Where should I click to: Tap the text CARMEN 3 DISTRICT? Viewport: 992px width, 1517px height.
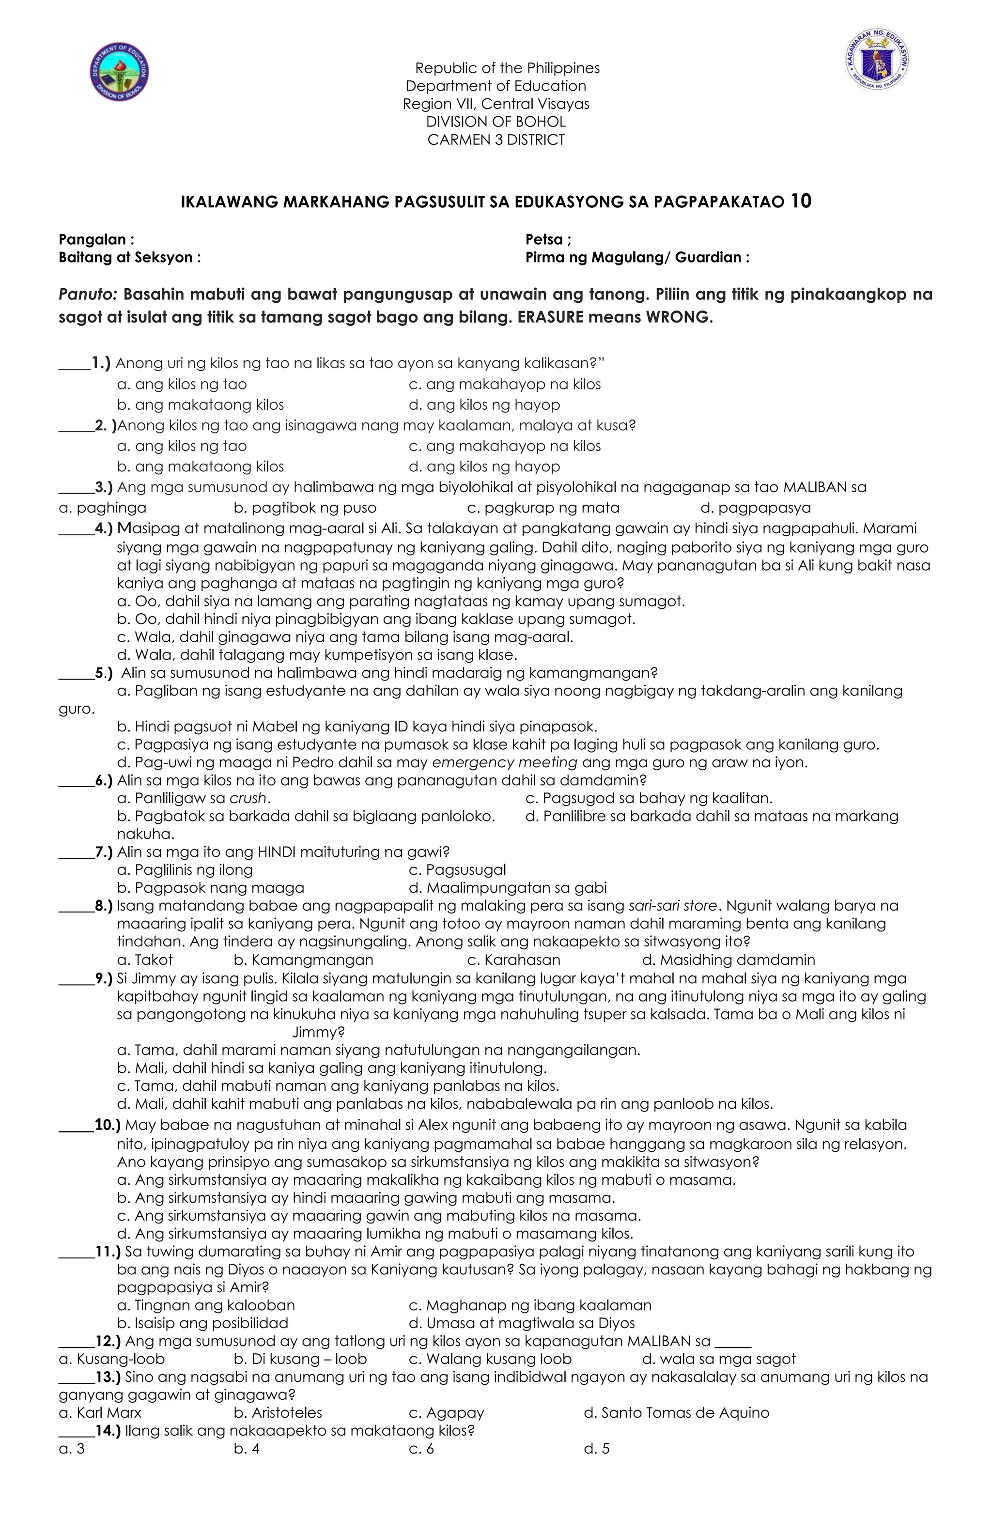[496, 139]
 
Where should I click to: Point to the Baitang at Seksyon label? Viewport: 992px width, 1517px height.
[129, 258]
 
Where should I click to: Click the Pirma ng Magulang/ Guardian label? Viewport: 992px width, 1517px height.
[637, 258]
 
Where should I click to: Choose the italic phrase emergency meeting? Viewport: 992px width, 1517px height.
[504, 762]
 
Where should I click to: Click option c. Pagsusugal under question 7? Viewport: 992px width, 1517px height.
[457, 869]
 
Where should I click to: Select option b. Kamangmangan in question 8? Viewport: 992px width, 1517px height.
[304, 960]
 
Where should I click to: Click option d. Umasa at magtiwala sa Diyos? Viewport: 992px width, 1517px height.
[522, 1323]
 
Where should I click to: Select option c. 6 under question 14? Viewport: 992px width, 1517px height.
[421, 1449]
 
